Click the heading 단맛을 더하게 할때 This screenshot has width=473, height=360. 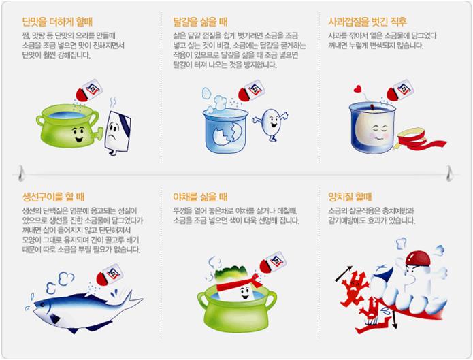[x=57, y=22]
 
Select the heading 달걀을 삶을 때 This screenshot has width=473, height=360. [x=200, y=22]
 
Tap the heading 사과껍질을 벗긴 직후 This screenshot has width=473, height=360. [x=368, y=22]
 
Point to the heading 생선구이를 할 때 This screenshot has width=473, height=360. [x=53, y=197]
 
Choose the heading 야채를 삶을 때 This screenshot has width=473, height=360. [x=200, y=197]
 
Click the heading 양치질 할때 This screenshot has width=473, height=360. [x=350, y=197]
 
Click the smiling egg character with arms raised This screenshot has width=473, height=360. [x=271, y=124]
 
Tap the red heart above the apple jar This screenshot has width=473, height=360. [x=357, y=88]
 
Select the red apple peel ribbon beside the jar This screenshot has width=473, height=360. [x=419, y=139]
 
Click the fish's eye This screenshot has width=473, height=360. [x=42, y=305]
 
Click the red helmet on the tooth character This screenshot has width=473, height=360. [x=418, y=258]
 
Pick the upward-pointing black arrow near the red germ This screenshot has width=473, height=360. [x=344, y=274]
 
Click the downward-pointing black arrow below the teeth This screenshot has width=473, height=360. [x=394, y=319]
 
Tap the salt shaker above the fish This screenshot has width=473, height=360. [x=108, y=275]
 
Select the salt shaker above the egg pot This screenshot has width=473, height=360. [x=252, y=91]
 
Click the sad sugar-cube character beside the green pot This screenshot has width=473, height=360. [x=117, y=133]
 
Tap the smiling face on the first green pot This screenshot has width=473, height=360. [x=78, y=134]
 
